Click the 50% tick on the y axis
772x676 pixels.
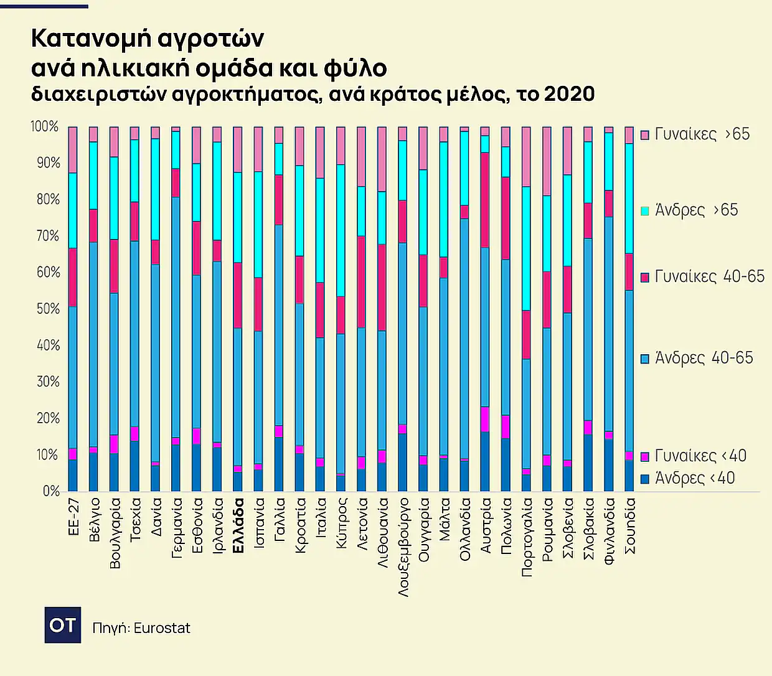point(47,309)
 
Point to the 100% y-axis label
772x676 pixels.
point(44,126)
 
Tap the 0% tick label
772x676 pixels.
point(51,491)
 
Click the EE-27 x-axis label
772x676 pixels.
point(73,516)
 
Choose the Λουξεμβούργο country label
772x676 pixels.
point(403,547)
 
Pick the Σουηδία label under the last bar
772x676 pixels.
point(629,525)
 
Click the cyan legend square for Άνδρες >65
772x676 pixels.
point(646,211)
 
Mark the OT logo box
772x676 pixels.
point(62,624)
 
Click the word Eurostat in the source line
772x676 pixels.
point(162,627)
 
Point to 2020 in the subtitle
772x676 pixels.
point(569,94)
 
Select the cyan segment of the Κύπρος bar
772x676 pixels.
point(341,230)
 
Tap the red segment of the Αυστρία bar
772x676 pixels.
point(485,200)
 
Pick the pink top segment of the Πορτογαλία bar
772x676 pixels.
point(526,156)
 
